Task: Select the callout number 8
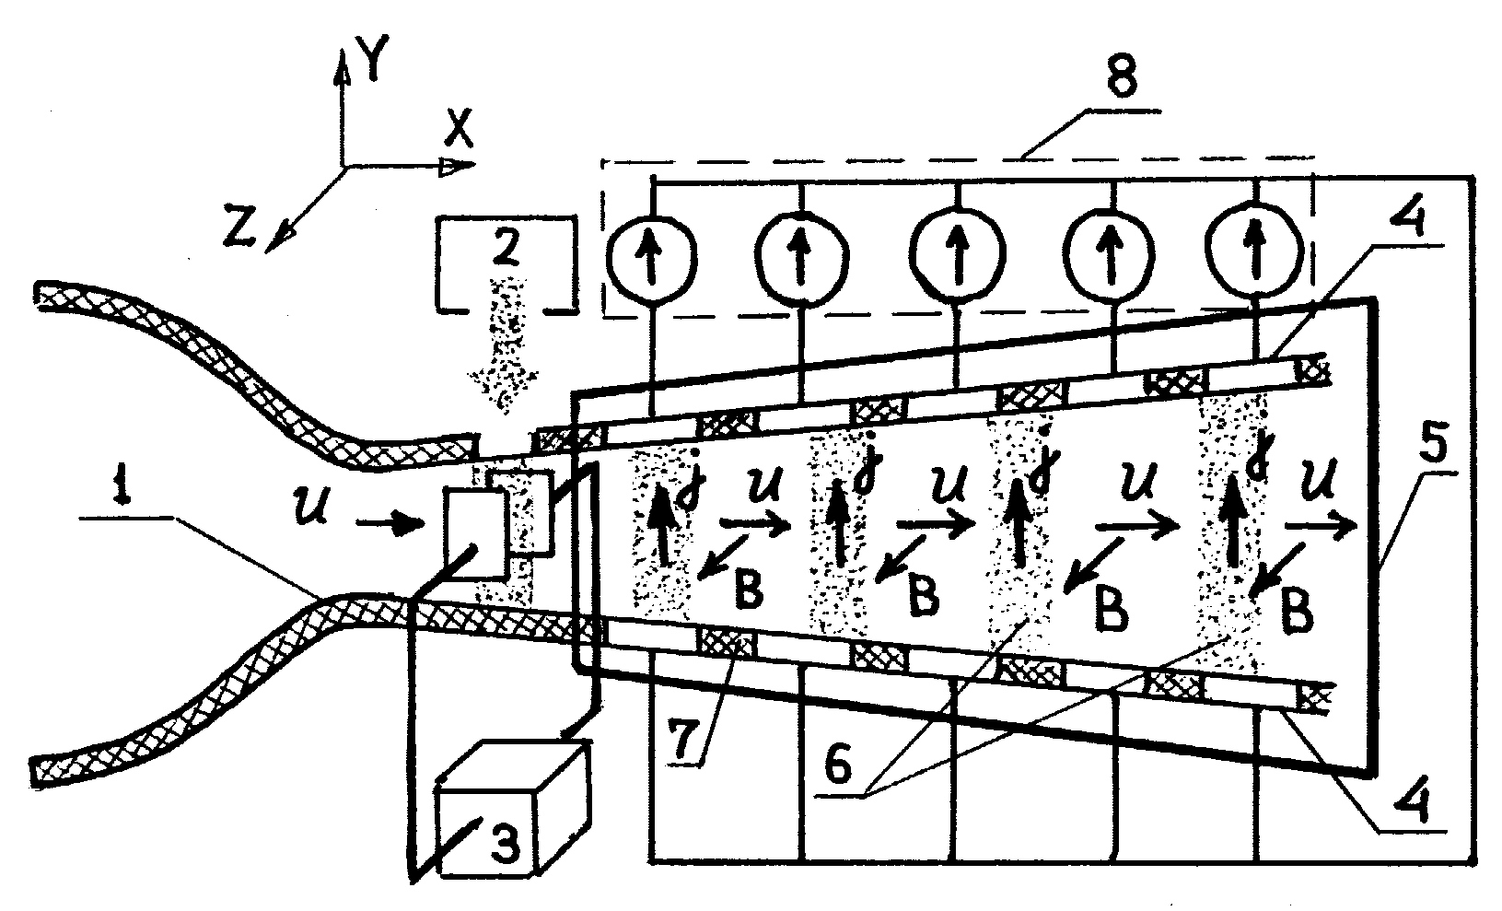point(1121,76)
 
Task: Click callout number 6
point(838,765)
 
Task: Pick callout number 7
point(682,737)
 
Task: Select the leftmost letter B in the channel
point(749,590)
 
